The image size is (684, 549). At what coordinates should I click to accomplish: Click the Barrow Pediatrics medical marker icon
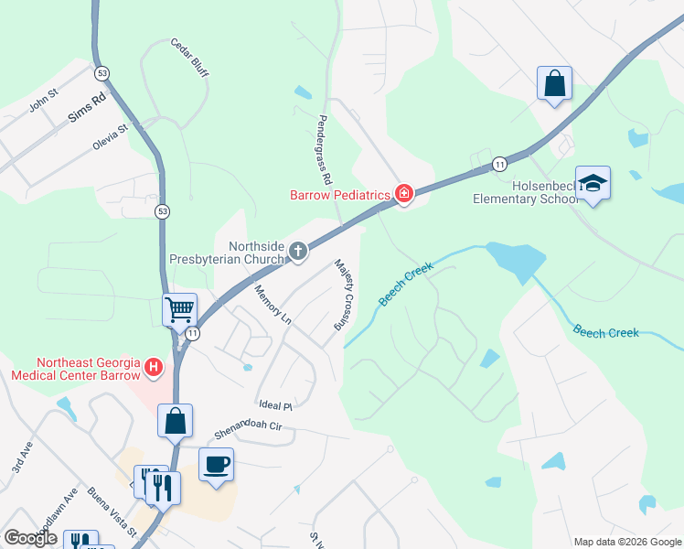click(403, 193)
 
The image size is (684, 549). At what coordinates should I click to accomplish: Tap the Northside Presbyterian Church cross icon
click(298, 251)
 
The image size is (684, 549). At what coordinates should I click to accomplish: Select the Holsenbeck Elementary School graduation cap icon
click(593, 183)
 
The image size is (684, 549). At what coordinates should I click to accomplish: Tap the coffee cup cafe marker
click(216, 465)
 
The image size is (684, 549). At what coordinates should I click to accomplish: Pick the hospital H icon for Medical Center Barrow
click(155, 370)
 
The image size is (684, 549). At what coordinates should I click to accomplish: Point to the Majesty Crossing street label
click(344, 294)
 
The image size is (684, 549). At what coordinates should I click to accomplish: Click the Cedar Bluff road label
click(189, 58)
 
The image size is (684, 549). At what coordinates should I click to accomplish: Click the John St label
click(43, 100)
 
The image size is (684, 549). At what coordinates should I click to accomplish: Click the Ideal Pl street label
click(274, 405)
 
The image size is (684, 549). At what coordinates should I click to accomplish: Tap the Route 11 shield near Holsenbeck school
click(499, 164)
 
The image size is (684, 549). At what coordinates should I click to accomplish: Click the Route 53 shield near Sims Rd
click(102, 72)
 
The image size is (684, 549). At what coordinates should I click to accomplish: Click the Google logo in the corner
click(31, 538)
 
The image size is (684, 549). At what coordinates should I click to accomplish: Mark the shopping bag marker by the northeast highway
click(554, 84)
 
